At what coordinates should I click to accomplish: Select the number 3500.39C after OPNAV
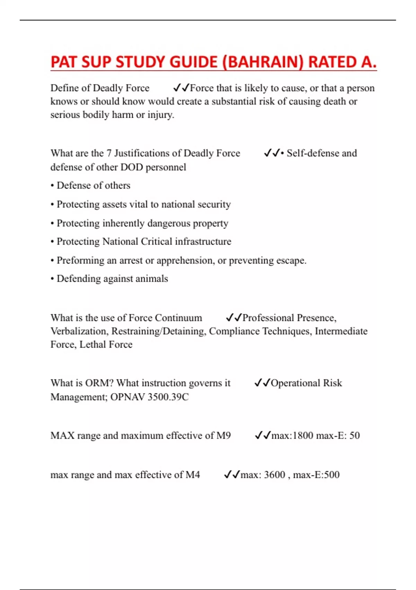(x=168, y=397)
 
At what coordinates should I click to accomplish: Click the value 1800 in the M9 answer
(x=303, y=435)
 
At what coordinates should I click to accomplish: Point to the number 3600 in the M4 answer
(x=275, y=474)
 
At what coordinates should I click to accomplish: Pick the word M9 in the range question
(x=224, y=435)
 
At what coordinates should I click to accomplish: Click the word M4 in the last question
(x=193, y=474)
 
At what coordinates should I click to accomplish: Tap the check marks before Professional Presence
(x=233, y=318)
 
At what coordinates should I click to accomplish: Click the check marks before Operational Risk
(x=262, y=383)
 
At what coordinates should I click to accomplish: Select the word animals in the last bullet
(x=152, y=279)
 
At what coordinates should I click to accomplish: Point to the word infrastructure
(x=203, y=242)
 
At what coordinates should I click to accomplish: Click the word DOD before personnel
(x=131, y=167)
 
